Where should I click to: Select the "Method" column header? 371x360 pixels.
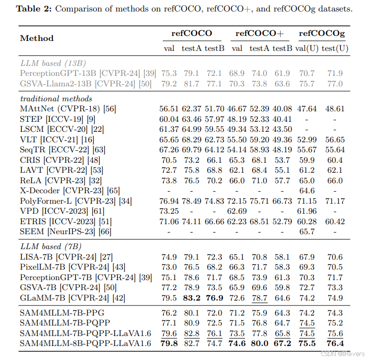(x=37, y=38)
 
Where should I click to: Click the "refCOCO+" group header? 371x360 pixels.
(x=260, y=33)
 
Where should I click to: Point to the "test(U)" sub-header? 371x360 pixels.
(x=335, y=48)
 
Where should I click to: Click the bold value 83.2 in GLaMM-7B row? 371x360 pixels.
(x=192, y=298)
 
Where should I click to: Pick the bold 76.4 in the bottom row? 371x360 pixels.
(x=335, y=344)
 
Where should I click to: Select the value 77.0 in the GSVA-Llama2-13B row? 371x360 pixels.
(x=335, y=83)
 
